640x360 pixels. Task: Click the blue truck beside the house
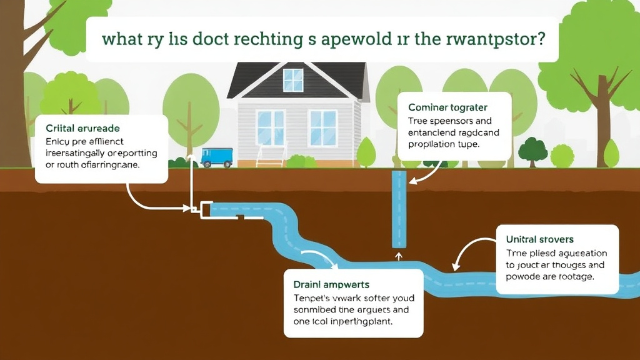[x=217, y=157]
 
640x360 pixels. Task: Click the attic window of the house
[x=292, y=80]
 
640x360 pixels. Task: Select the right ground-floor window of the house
[x=323, y=127]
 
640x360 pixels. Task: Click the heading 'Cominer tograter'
[x=447, y=107]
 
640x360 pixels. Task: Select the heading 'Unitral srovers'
[x=539, y=239]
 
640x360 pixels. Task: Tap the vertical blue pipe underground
[x=397, y=209]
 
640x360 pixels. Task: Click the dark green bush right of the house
[x=532, y=151]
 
